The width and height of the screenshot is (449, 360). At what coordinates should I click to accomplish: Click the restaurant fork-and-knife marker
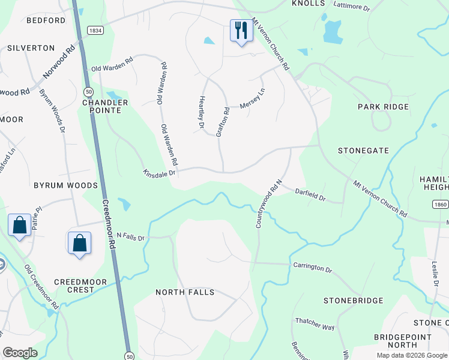(x=241, y=31)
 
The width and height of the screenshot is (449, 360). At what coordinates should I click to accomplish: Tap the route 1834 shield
(x=94, y=30)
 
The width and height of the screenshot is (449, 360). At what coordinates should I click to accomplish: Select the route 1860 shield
(x=441, y=205)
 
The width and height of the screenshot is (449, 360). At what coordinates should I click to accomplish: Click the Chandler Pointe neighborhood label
(x=105, y=106)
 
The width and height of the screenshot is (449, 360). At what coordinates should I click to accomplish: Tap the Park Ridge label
(x=383, y=107)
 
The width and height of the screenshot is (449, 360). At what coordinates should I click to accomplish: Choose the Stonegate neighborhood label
(x=363, y=151)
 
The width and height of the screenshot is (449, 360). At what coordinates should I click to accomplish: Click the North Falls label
(x=185, y=292)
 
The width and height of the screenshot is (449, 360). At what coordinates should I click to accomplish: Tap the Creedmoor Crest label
(x=80, y=286)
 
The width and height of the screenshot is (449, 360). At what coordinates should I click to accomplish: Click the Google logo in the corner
(x=20, y=352)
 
